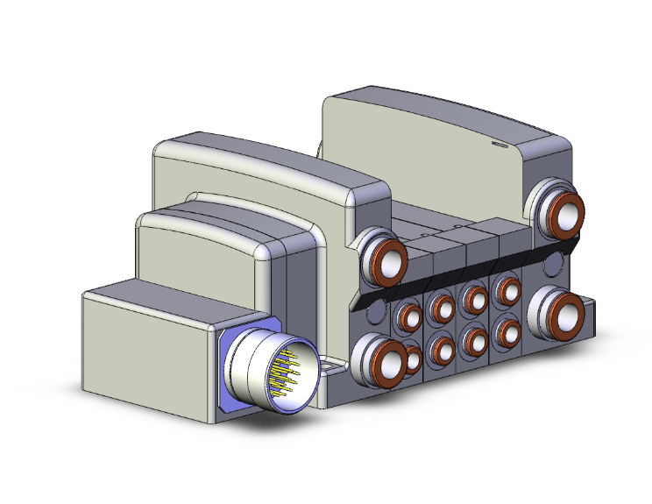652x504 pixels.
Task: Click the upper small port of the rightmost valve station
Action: [507, 288]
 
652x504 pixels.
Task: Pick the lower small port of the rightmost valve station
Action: [507, 332]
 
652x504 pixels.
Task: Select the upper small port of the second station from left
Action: [441, 307]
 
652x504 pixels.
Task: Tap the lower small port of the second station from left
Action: [441, 350]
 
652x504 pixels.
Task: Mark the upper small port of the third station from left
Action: [475, 298]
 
